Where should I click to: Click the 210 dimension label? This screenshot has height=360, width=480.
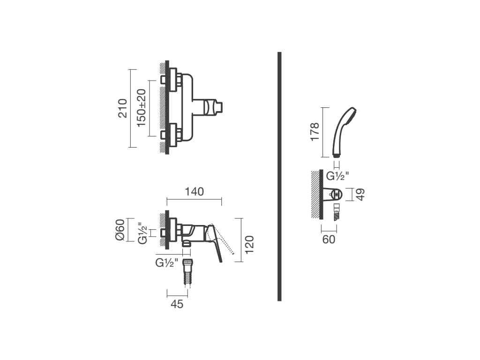(123, 108)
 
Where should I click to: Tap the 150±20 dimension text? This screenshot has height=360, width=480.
(142, 108)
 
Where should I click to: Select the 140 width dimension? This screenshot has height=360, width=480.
(195, 192)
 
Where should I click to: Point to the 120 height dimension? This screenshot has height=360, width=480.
(249, 244)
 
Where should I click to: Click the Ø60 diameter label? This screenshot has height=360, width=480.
(120, 230)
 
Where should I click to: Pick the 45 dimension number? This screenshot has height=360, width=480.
(177, 304)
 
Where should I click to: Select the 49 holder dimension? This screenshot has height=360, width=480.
(361, 195)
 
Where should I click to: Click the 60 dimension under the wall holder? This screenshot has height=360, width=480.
(329, 240)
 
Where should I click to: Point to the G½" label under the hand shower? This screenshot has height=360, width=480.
(337, 176)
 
